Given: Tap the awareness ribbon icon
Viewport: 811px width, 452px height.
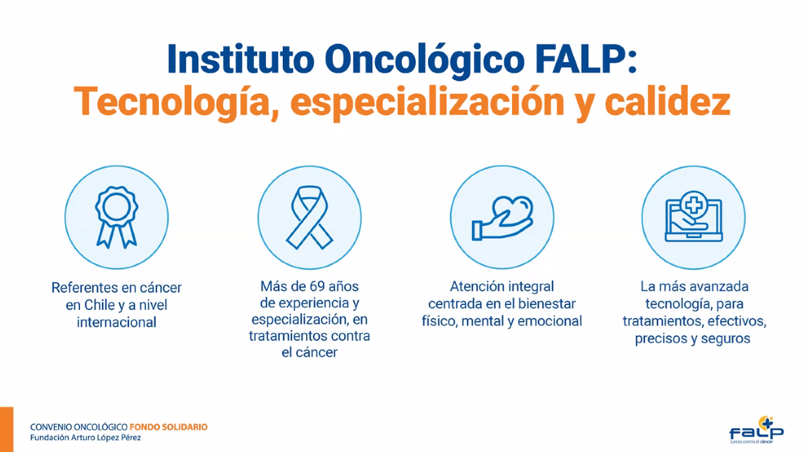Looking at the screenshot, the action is (x=309, y=218).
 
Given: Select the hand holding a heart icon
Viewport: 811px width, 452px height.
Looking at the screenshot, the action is (x=502, y=218).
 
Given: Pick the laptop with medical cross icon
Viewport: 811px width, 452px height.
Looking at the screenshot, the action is (x=693, y=216).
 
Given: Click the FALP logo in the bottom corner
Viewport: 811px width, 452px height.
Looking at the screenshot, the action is (x=756, y=430).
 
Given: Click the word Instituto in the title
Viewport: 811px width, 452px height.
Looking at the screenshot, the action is (x=240, y=59).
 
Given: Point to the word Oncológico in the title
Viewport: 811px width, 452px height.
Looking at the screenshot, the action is (x=424, y=61).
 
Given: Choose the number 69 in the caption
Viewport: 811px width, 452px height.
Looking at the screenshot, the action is (x=317, y=287).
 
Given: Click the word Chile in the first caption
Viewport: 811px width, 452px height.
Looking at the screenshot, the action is (x=99, y=305).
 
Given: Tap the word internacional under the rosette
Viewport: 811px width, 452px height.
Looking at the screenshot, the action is (x=116, y=322).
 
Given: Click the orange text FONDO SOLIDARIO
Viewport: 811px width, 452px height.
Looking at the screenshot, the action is (x=169, y=427).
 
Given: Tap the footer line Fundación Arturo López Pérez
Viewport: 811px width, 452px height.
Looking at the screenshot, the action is (x=85, y=438).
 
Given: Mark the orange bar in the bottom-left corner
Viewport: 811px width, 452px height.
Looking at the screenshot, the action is (x=6, y=429).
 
